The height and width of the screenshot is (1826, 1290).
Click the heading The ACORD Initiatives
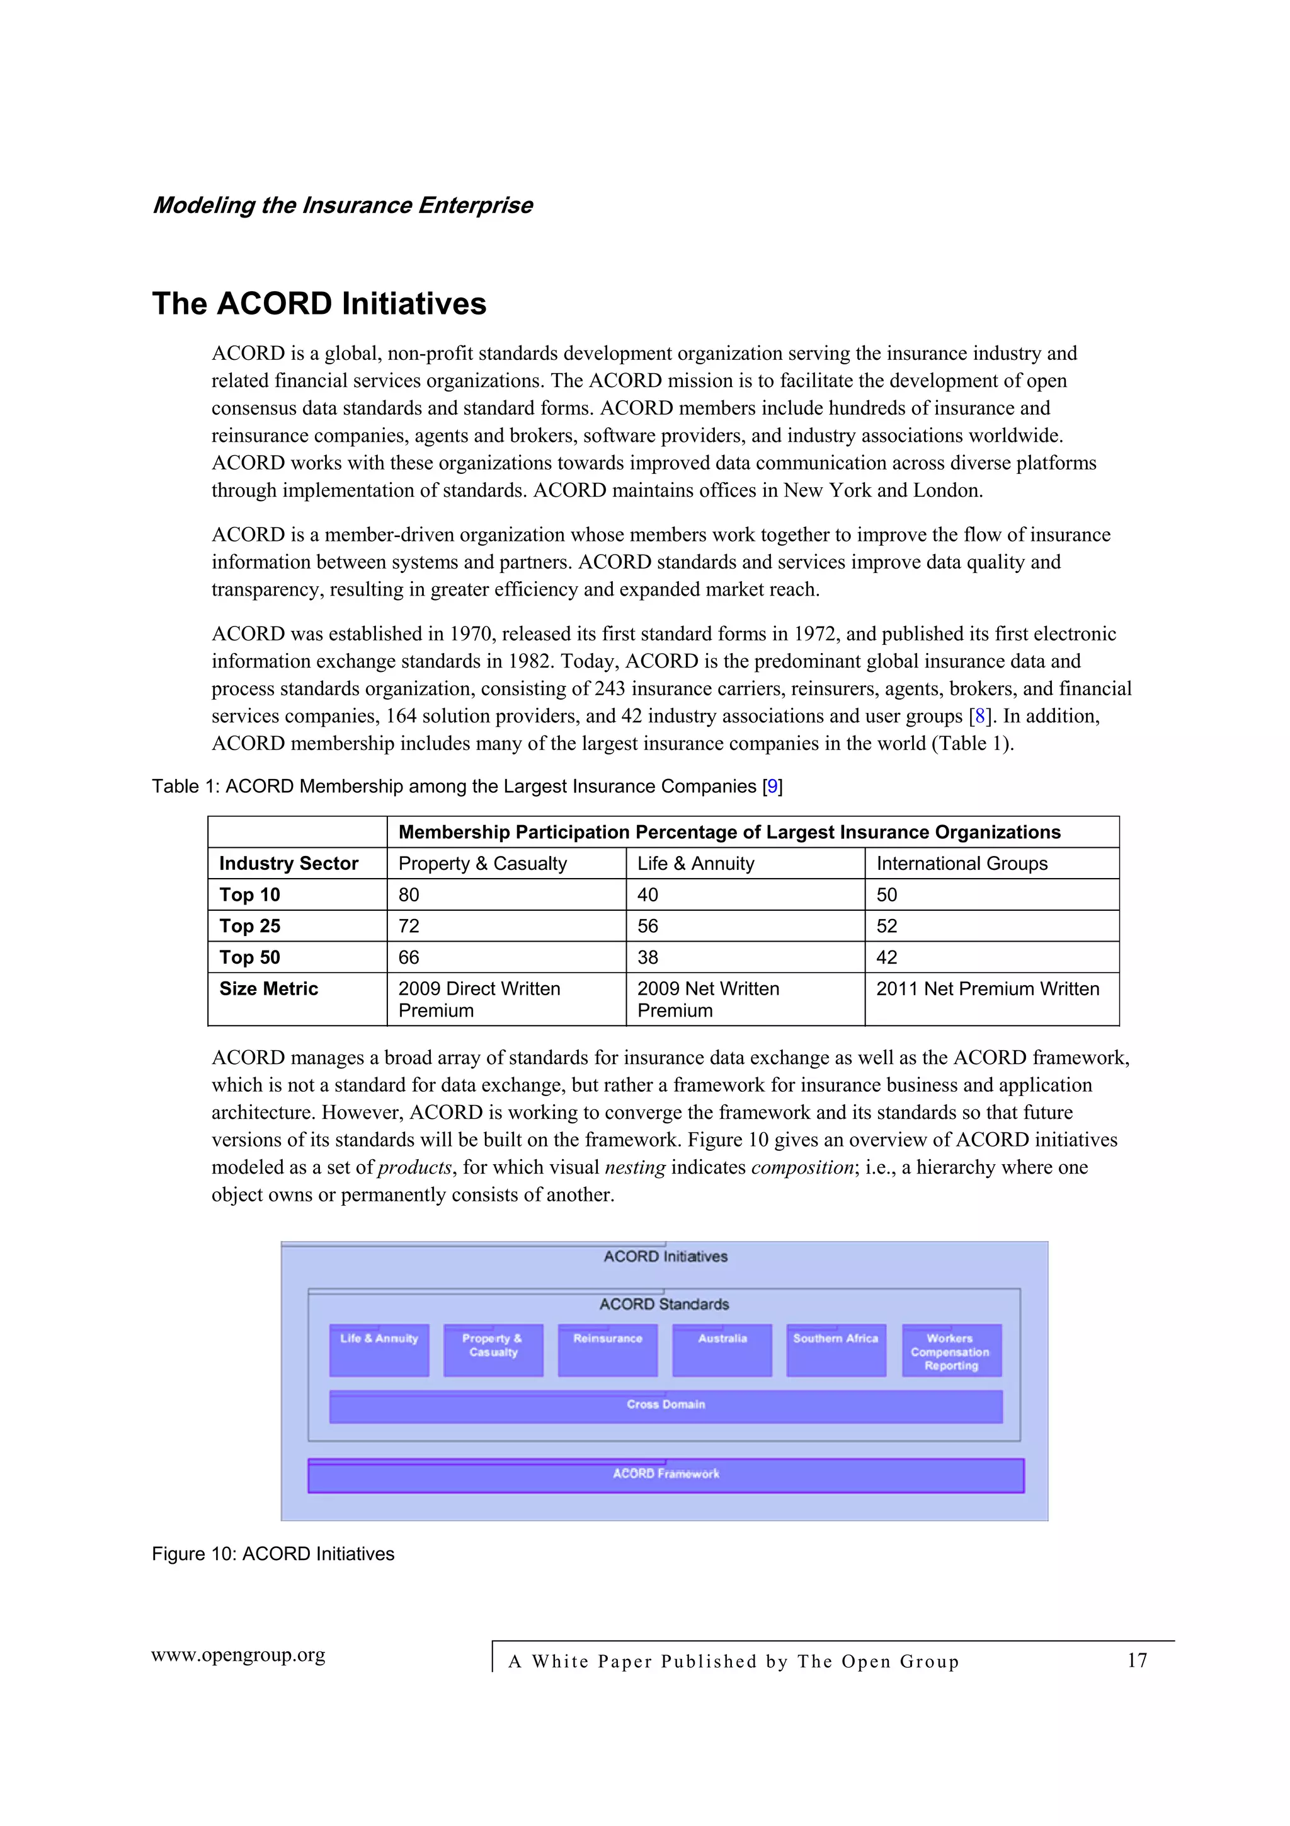[x=319, y=304]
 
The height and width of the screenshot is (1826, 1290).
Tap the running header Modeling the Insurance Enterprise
[x=342, y=205]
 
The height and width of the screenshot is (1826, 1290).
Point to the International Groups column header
[x=962, y=864]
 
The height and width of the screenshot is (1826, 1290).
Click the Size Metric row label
[x=269, y=988]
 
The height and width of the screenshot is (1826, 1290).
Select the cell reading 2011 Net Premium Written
[x=987, y=988]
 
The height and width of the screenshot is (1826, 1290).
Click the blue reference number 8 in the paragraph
[x=980, y=717]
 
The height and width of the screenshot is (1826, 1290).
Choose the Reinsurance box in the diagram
[x=607, y=1350]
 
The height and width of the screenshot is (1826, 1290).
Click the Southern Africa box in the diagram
[x=835, y=1350]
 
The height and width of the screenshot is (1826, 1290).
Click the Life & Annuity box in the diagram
[x=379, y=1350]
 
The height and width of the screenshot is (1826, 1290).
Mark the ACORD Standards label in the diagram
[x=664, y=1304]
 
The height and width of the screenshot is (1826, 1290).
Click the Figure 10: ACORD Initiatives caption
[x=273, y=1554]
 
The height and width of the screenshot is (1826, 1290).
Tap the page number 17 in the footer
[x=1136, y=1661]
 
